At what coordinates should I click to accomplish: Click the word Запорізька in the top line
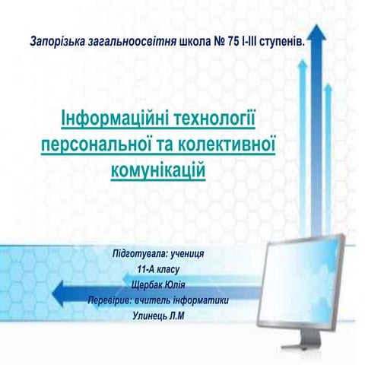pyautogui.click(x=57, y=40)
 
